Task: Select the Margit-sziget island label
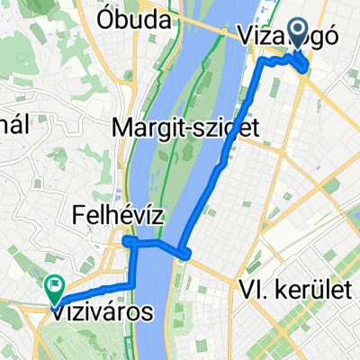(x=186, y=129)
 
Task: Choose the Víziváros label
(x=101, y=310)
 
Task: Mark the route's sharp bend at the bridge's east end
(x=184, y=252)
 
